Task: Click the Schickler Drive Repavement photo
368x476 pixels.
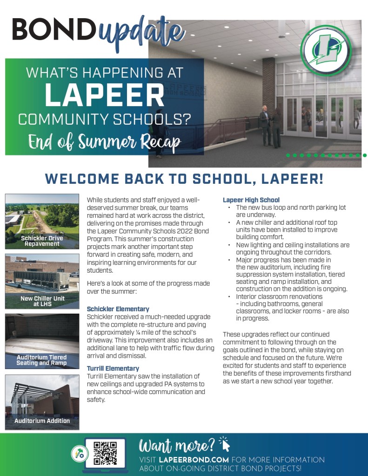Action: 42,221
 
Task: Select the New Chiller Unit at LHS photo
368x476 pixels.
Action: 42,281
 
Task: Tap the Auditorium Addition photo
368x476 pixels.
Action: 42,402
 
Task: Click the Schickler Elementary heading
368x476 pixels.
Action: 118,309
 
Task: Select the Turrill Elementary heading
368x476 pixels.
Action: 113,369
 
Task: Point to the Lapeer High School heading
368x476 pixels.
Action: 251,200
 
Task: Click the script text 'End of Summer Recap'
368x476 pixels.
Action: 104,141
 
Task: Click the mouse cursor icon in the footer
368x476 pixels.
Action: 225,443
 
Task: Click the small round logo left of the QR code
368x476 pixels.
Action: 77,453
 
